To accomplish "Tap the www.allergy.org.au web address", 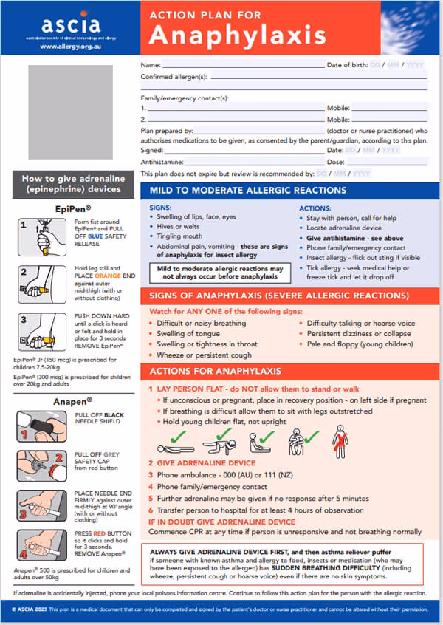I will [x=70, y=46].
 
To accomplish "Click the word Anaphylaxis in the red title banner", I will [x=238, y=35].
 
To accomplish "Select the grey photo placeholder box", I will [x=71, y=112].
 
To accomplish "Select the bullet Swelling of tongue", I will [x=186, y=334].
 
